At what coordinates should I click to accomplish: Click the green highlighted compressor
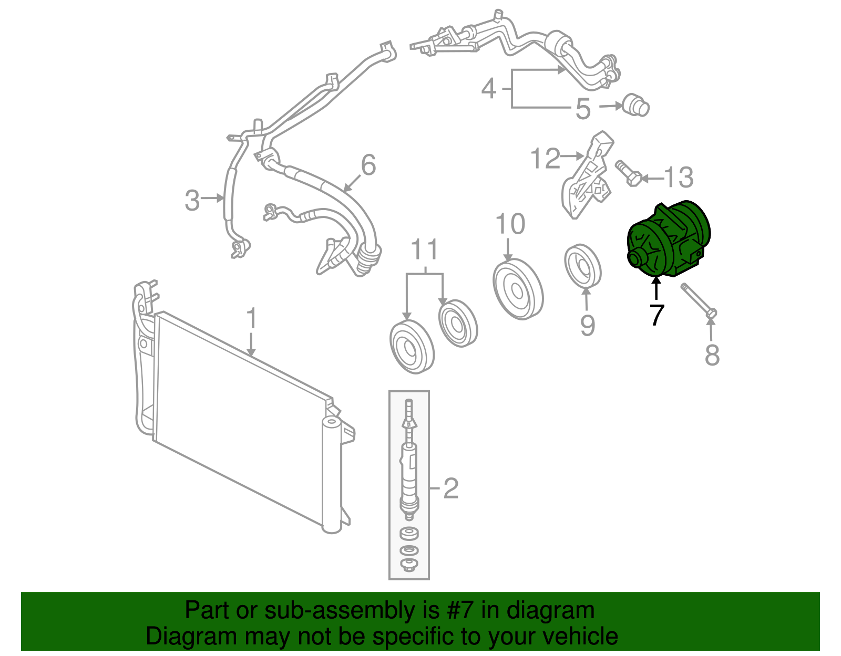(669, 240)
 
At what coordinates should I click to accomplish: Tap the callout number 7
(657, 315)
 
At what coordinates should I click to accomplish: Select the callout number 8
(712, 355)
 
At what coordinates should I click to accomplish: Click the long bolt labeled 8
(699, 301)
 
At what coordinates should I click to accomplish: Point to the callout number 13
(679, 178)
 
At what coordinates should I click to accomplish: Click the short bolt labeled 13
(629, 173)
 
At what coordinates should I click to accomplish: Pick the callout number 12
(545, 158)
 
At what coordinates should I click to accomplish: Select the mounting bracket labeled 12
(587, 175)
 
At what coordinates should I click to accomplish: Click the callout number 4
(489, 89)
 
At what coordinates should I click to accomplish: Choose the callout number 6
(368, 165)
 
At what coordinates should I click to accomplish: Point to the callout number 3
(192, 200)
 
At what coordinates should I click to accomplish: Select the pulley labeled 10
(518, 290)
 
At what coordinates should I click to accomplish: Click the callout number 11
(425, 249)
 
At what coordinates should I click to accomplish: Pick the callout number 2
(450, 488)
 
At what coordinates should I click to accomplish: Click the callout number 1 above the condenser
(252, 318)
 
